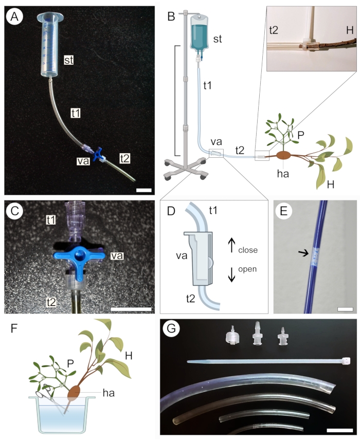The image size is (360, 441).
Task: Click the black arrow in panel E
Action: coord(303,252)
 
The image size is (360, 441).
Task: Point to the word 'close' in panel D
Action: coord(247,250)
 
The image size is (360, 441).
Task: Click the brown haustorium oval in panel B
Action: coord(283,155)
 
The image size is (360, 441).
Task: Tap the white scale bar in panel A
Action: coord(145,190)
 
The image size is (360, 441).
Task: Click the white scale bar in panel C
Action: coord(131,309)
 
